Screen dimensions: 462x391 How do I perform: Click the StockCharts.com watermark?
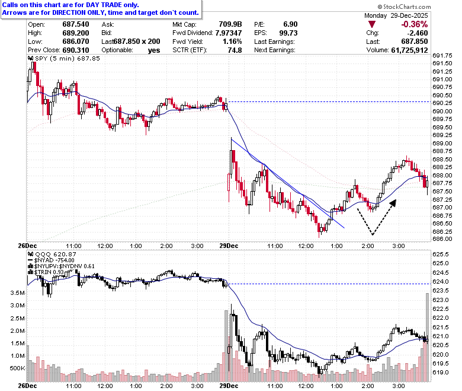[x=404, y=7]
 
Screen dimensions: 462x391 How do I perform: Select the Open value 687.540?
[x=76, y=24]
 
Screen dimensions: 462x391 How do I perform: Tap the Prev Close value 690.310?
[x=76, y=50]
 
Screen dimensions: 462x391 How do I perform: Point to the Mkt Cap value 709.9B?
[x=230, y=24]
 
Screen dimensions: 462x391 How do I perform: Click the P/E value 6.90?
[x=290, y=24]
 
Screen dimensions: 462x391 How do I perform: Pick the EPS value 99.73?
[x=288, y=33]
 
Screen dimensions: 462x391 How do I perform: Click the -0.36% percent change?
[x=414, y=24]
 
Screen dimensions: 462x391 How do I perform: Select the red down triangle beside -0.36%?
[x=372, y=24]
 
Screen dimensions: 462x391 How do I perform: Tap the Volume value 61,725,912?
[x=409, y=50]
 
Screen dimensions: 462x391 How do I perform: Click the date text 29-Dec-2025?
[x=409, y=15]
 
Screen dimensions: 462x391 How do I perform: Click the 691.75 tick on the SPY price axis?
[x=442, y=56]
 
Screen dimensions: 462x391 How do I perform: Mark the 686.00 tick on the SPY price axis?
[x=442, y=239]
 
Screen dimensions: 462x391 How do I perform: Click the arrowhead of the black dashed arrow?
[x=393, y=203]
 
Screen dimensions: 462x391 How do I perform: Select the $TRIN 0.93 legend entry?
[x=49, y=272]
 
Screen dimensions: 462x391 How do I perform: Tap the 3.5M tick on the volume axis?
[x=17, y=293]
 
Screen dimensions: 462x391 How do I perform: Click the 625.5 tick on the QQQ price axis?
[x=441, y=254]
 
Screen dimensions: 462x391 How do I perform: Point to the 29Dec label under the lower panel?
[x=229, y=386]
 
